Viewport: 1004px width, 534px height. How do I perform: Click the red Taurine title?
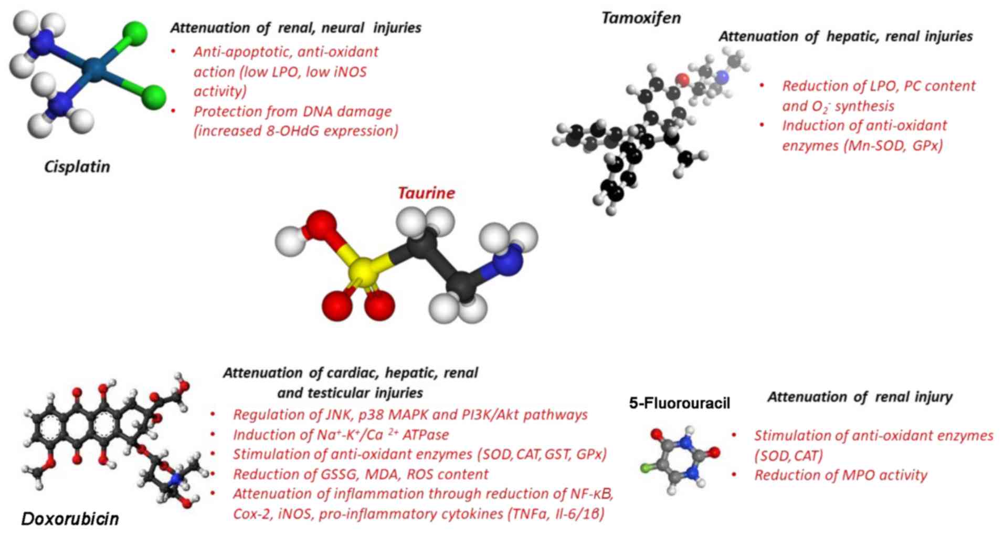426,193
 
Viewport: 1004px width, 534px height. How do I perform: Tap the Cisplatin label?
77,167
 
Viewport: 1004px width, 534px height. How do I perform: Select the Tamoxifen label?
641,18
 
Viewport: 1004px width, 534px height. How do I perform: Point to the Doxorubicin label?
70,519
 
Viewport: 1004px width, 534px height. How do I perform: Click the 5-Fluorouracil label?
679,403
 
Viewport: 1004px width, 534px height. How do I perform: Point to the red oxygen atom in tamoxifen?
682,80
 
